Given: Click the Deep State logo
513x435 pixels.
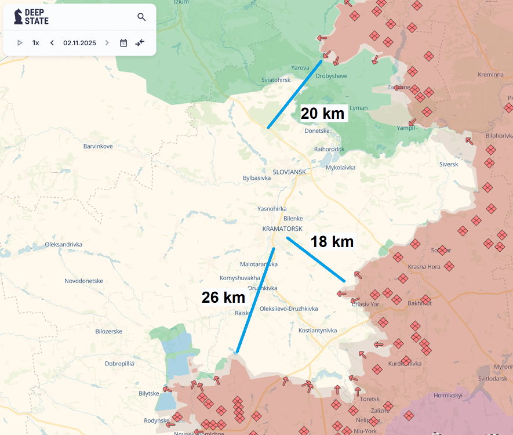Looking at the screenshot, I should tap(31, 17).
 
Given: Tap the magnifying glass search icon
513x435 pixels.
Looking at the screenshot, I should tap(141, 17).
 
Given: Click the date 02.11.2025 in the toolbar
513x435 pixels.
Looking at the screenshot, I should tap(79, 43).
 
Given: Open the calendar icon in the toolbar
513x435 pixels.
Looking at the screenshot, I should tap(123, 43).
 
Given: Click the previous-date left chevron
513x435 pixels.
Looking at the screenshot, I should tap(52, 43).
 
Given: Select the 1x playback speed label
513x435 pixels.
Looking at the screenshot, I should tap(36, 43).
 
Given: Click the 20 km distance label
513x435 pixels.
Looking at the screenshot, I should tap(323, 113).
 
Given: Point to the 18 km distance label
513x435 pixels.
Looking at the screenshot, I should tap(332, 241).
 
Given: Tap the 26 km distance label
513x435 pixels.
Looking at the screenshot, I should tap(223, 298).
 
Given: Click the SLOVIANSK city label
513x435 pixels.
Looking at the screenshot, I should tap(289, 172).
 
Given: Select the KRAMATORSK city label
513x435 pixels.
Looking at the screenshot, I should tap(282, 229).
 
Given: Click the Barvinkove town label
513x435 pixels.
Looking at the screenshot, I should tap(98, 146).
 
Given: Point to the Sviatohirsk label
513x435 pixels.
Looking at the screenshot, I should tap(276, 79).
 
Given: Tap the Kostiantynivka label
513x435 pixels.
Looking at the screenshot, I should tap(317, 331).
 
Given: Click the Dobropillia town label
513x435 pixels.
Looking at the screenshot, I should tap(119, 364).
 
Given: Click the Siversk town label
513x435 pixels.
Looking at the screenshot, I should tap(449, 164).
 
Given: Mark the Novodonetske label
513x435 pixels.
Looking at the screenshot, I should tap(83, 281).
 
